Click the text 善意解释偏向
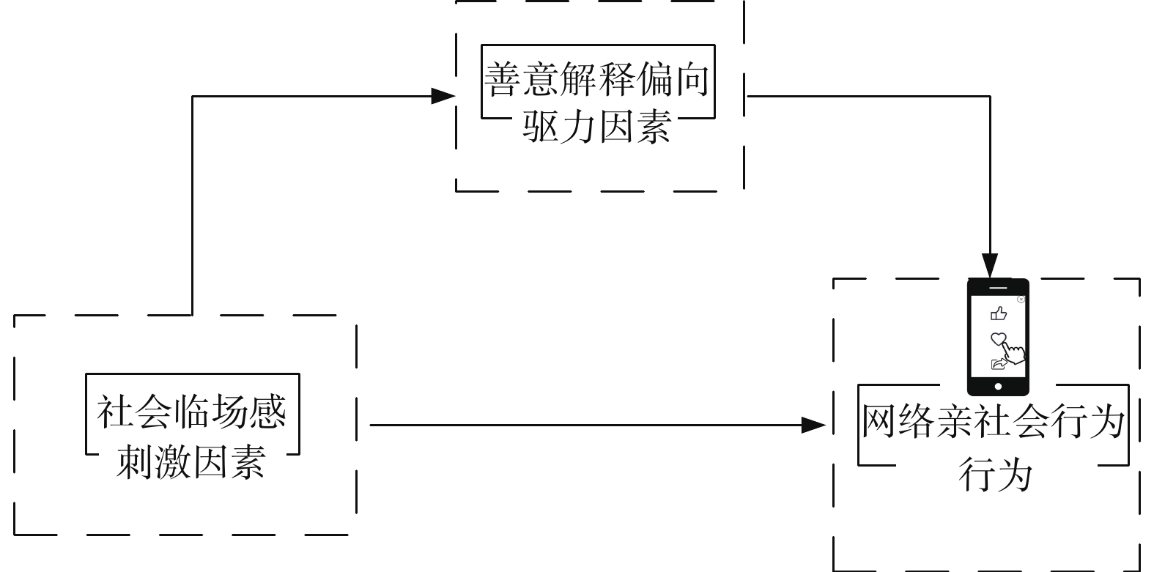coord(597,80)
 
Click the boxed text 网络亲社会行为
coord(993,422)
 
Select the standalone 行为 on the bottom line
coord(996,475)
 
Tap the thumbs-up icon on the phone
coord(998,314)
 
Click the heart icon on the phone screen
coord(998,339)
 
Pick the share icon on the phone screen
coord(997,364)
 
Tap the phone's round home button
coord(998,386)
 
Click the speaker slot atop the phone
coord(997,282)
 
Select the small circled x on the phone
coord(1021,299)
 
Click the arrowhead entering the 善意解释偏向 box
coord(444,96)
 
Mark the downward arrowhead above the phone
coord(990,266)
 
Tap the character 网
coord(879,422)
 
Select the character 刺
coord(135,461)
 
